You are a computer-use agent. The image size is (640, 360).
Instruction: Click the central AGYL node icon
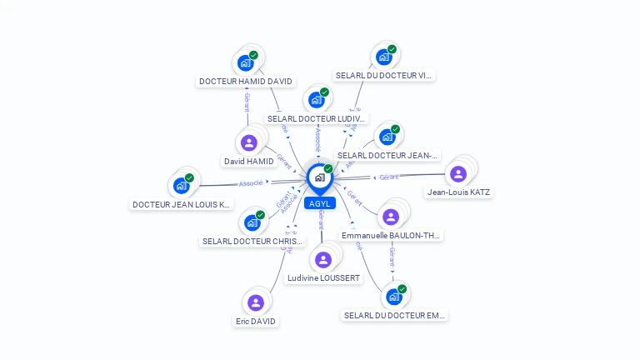(319, 177)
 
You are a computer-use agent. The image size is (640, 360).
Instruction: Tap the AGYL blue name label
(319, 203)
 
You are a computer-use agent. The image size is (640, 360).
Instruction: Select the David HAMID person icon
(248, 142)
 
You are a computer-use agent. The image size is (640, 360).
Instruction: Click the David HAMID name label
(248, 161)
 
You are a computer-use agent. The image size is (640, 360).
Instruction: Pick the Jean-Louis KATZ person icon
(457, 173)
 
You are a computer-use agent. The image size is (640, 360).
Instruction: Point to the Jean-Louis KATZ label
(458, 192)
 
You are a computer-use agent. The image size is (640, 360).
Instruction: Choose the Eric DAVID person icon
(256, 302)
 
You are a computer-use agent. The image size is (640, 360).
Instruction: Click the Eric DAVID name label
(255, 321)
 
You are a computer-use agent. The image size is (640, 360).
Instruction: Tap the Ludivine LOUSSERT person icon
(323, 260)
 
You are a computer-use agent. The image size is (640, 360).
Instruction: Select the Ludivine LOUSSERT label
(323, 277)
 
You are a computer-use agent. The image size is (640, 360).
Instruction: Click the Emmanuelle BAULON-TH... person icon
(390, 217)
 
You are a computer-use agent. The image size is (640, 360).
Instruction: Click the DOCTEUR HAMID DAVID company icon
(245, 63)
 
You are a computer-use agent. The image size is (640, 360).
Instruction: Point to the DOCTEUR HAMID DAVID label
(246, 82)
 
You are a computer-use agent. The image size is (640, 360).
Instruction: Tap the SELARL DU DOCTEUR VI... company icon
(383, 57)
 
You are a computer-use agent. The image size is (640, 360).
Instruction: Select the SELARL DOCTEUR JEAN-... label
(387, 155)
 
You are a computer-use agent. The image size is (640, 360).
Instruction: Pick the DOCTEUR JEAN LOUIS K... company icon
(181, 186)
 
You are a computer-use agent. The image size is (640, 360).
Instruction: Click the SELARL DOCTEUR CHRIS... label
(253, 242)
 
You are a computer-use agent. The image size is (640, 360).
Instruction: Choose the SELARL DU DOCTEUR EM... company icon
(394, 297)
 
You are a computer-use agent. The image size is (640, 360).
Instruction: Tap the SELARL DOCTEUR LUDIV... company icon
(316, 100)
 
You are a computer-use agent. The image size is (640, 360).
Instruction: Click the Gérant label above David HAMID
(247, 102)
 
